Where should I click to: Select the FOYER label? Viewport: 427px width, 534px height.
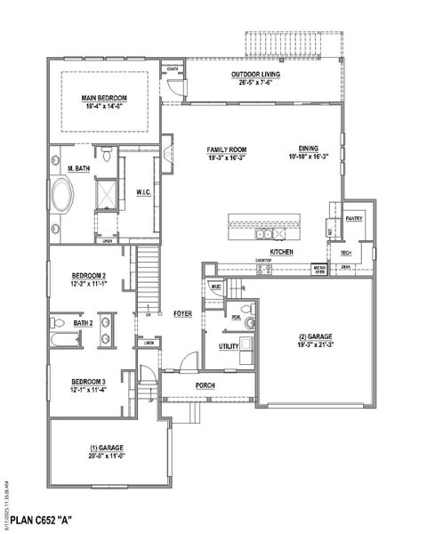(183, 313)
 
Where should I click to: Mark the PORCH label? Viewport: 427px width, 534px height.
(206, 385)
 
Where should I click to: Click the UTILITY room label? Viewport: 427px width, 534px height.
(228, 345)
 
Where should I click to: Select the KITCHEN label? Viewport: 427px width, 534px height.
(282, 253)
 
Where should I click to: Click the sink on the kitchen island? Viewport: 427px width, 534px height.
(264, 235)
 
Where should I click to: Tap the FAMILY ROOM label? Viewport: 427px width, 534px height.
(226, 150)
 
